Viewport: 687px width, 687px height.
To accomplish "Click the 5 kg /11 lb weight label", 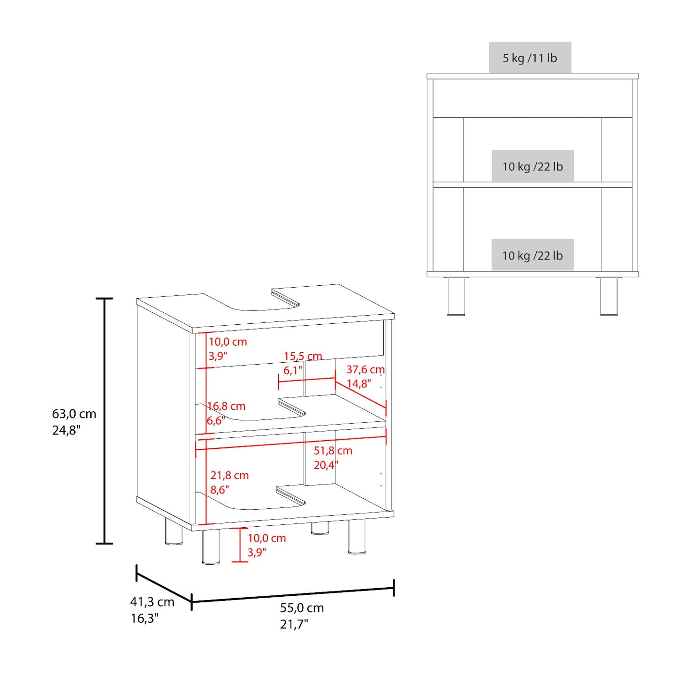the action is [x=530, y=58].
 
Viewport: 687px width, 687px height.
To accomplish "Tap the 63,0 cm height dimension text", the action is [x=74, y=414].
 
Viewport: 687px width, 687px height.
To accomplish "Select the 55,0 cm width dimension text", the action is [x=302, y=608].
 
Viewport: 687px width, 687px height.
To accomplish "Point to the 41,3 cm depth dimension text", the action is [x=152, y=602].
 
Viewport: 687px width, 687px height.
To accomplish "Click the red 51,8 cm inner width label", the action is [x=333, y=451].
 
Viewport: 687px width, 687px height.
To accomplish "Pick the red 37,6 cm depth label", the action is [x=366, y=369].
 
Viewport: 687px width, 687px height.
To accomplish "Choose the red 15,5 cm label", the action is [x=303, y=356].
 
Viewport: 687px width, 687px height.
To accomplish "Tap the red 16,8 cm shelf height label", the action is [x=226, y=406].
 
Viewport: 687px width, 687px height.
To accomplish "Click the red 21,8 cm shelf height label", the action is [x=230, y=475].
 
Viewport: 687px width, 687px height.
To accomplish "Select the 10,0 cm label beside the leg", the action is [x=267, y=538].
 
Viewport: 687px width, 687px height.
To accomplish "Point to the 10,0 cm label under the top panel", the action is [x=228, y=341].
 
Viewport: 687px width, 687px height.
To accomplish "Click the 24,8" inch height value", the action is [x=65, y=431].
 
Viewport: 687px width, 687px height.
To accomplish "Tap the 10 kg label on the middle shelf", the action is [x=532, y=166].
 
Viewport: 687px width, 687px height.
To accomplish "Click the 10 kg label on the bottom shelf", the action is [x=532, y=255].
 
